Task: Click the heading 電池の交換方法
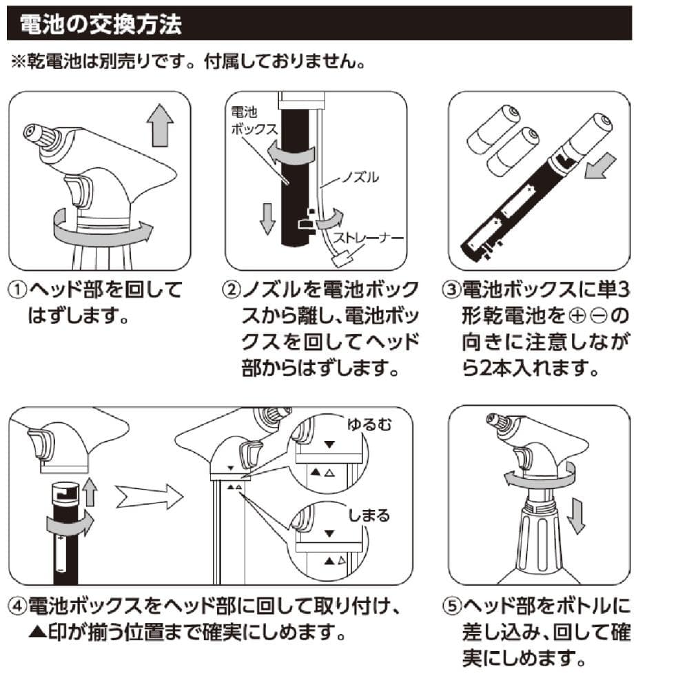tap(101, 23)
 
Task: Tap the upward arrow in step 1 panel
tap(160, 125)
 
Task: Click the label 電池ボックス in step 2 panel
tap(254, 121)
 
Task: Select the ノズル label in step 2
tap(360, 177)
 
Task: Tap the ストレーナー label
tap(368, 238)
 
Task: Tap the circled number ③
tap(452, 290)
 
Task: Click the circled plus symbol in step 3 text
tap(577, 316)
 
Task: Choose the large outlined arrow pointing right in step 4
tap(150, 497)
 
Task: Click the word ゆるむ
tap(369, 424)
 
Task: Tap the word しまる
tap(369, 515)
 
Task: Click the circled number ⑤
tap(452, 606)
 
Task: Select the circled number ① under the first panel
tap(18, 290)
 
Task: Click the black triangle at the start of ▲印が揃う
tap(37, 633)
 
